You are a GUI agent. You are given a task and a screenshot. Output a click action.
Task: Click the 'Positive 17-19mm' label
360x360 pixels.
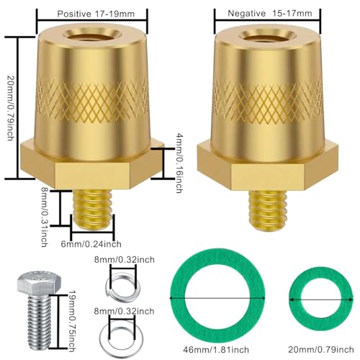(91, 14)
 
